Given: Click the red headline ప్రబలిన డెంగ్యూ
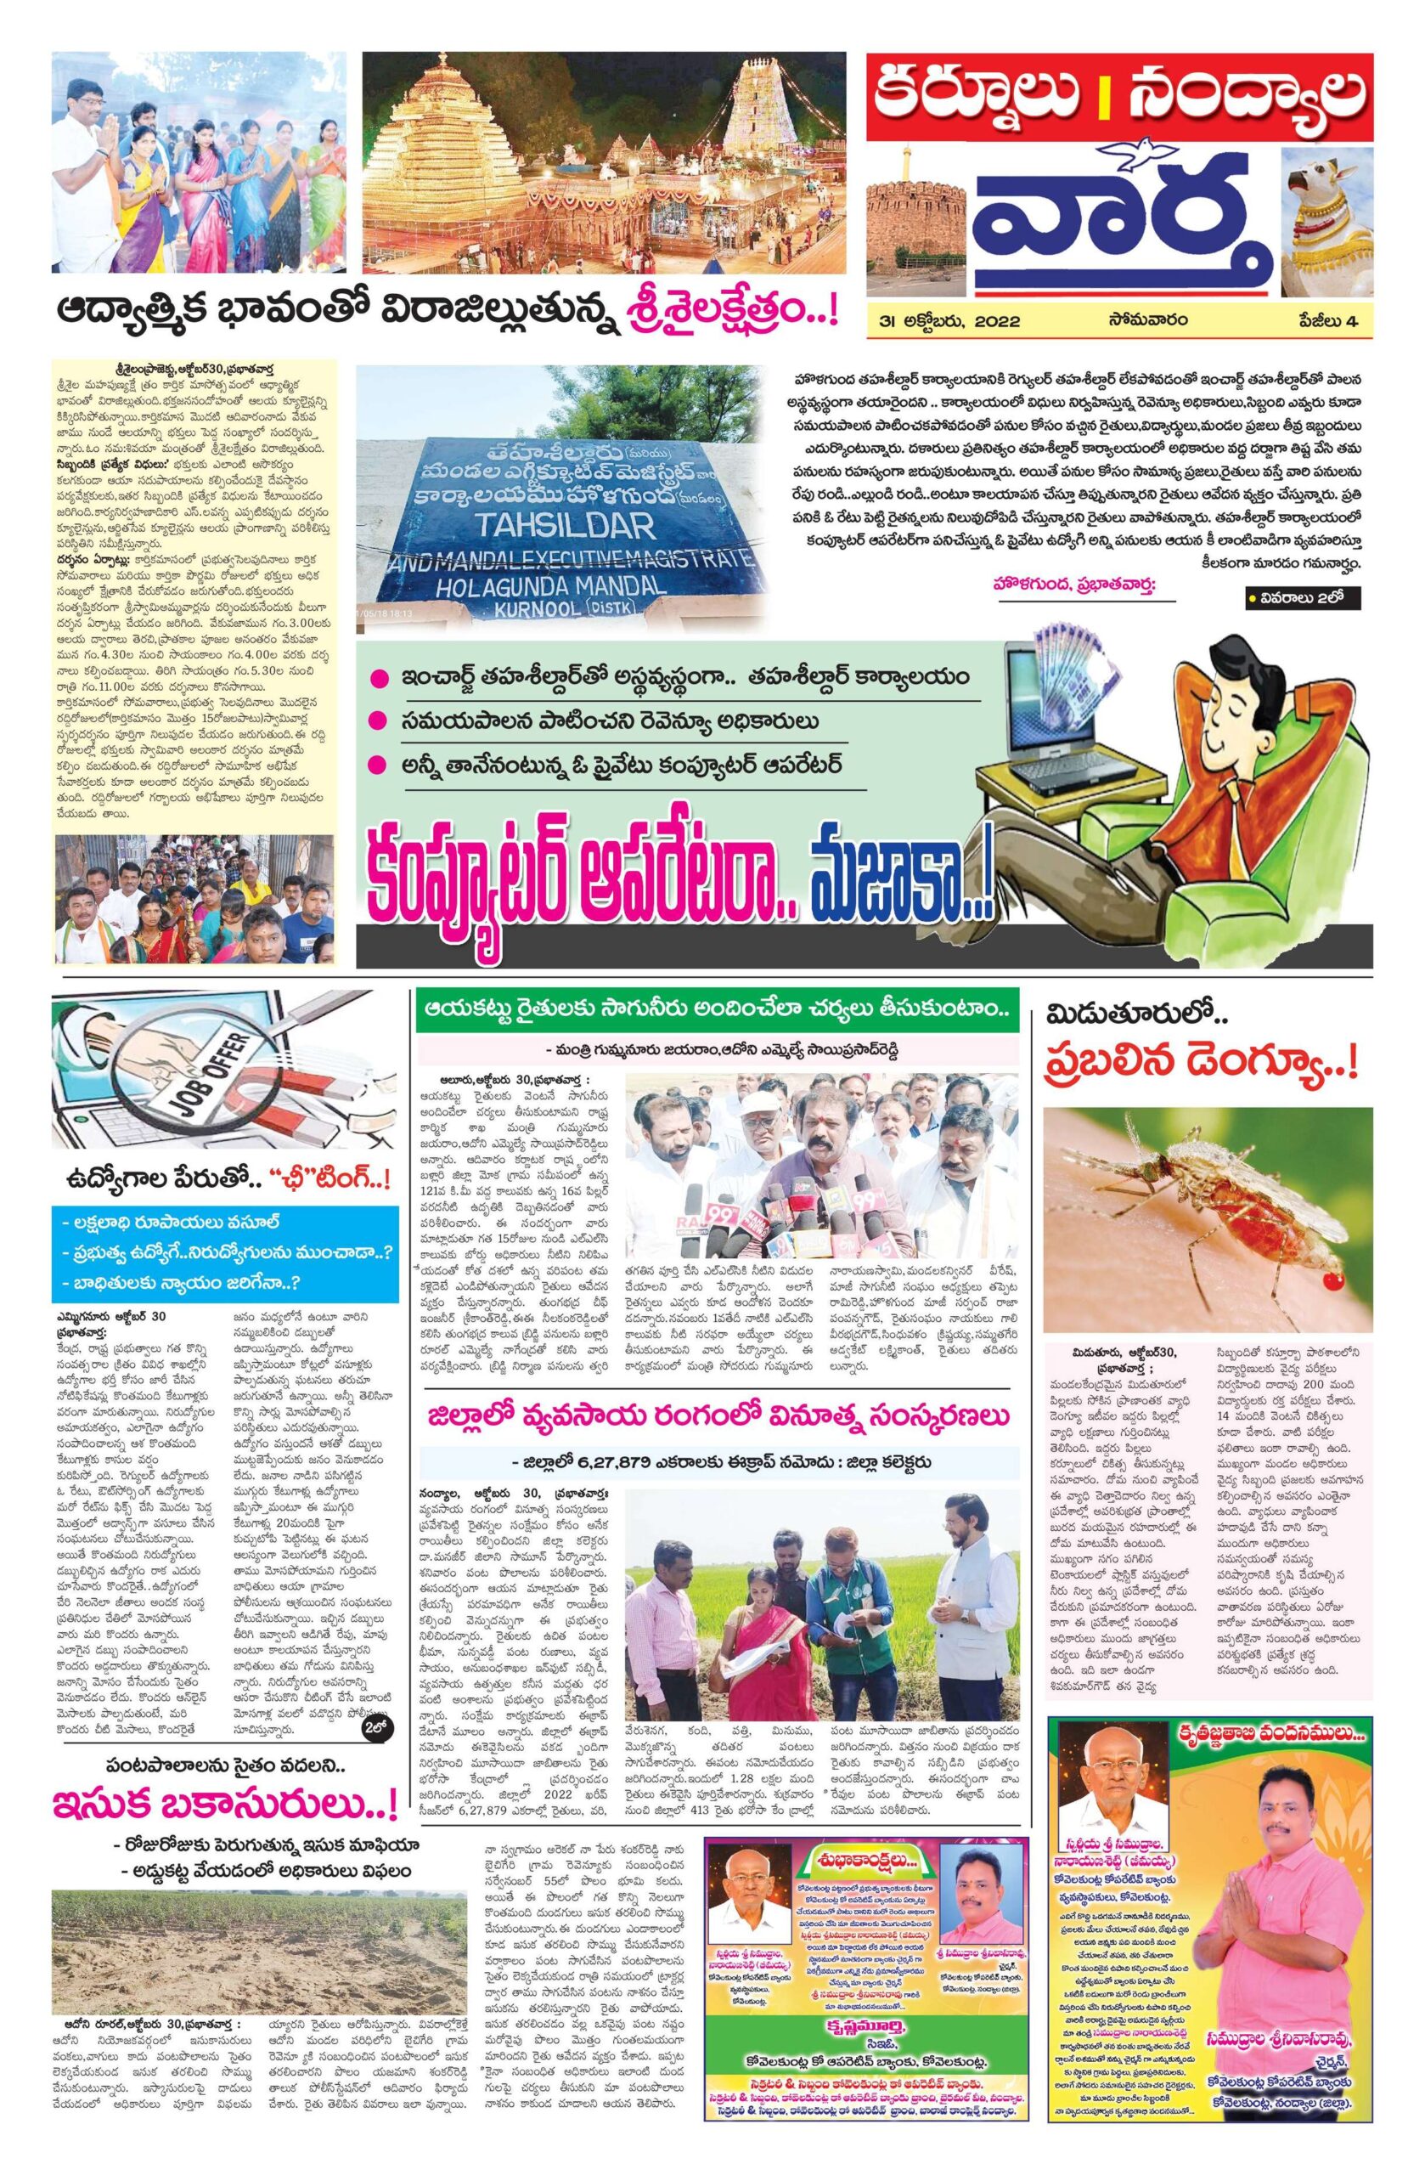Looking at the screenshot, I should coord(1201,1063).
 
